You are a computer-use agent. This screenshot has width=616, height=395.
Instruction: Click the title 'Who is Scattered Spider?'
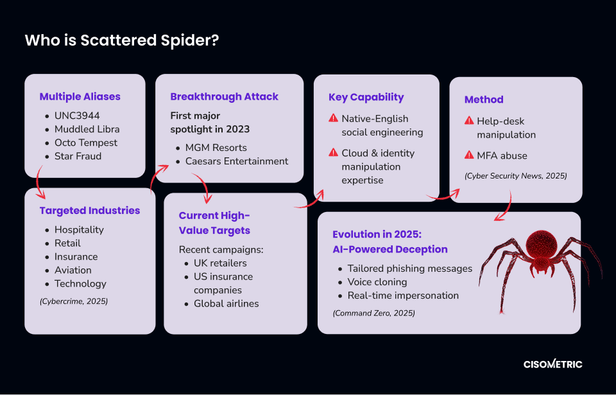pyautogui.click(x=122, y=40)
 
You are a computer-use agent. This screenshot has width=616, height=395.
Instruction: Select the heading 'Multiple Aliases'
pyautogui.click(x=80, y=97)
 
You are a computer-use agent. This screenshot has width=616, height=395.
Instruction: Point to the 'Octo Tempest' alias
pyautogui.click(x=85, y=143)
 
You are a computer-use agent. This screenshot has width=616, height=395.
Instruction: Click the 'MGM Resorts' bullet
pyautogui.click(x=216, y=148)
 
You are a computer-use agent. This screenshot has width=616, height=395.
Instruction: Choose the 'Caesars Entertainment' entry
pyautogui.click(x=237, y=161)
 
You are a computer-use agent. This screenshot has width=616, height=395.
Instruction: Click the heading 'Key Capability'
pyautogui.click(x=366, y=97)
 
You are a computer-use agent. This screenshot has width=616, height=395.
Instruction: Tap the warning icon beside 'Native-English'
pyautogui.click(x=333, y=118)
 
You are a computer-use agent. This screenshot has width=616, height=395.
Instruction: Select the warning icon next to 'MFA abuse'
pyautogui.click(x=469, y=155)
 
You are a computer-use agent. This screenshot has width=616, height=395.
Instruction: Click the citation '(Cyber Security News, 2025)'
pyautogui.click(x=516, y=176)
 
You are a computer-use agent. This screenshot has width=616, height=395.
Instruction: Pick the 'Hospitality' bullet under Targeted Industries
pyautogui.click(x=79, y=230)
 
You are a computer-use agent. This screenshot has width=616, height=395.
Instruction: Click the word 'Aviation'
pyautogui.click(x=73, y=270)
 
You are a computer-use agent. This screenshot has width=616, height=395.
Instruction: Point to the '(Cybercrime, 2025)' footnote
pyautogui.click(x=74, y=301)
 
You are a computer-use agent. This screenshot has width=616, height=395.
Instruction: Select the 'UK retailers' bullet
pyautogui.click(x=220, y=263)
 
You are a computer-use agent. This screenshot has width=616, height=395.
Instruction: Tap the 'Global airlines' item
pyautogui.click(x=227, y=304)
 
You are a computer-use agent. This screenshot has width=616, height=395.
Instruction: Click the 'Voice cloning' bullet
pyautogui.click(x=377, y=282)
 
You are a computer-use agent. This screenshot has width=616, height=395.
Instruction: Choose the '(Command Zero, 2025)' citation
pyautogui.click(x=374, y=313)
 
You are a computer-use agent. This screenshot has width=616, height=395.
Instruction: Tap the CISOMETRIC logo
pyautogui.click(x=552, y=364)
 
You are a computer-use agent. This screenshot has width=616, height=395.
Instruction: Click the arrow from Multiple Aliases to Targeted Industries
pyautogui.click(x=37, y=183)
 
